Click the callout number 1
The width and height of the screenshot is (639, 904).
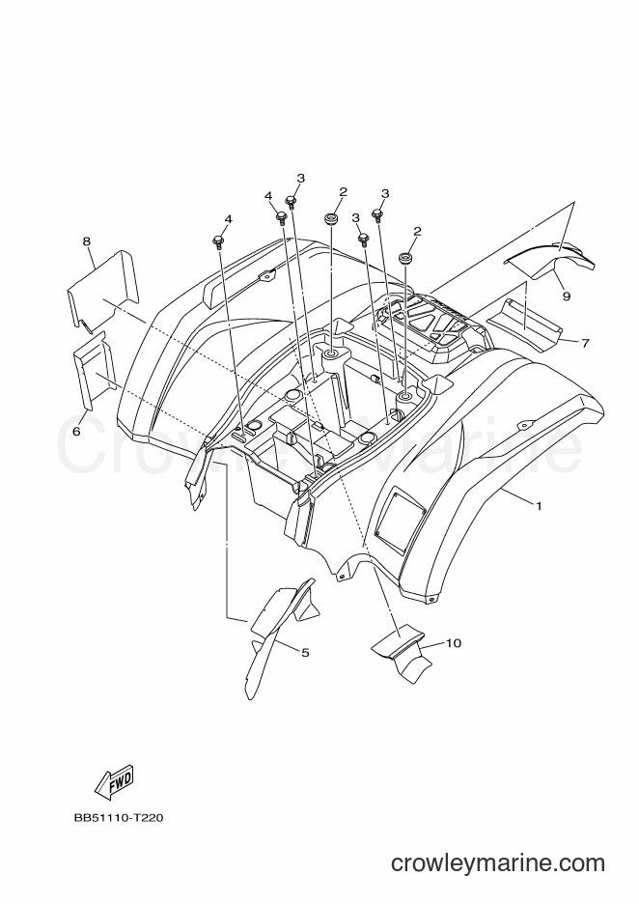click(x=539, y=506)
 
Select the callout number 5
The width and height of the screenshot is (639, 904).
click(x=305, y=652)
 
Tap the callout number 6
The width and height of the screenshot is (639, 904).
click(x=76, y=431)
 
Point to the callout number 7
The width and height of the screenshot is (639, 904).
click(x=585, y=343)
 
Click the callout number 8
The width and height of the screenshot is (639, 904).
click(x=87, y=241)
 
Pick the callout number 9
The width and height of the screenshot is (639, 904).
click(x=567, y=296)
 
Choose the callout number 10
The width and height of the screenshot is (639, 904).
click(x=454, y=642)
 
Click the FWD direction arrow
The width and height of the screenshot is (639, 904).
click(x=113, y=781)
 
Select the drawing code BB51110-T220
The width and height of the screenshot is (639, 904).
click(x=118, y=817)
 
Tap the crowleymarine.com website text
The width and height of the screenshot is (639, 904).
click(x=498, y=862)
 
